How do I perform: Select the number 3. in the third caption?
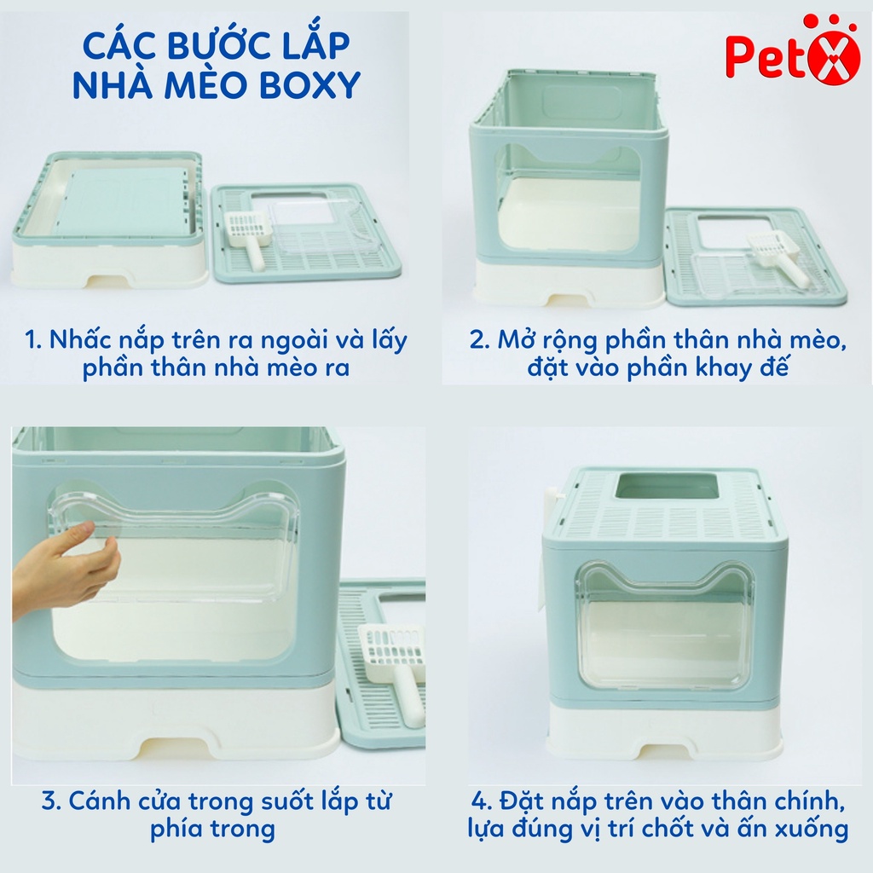pyautogui.click(x=50, y=801)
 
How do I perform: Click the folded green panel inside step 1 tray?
pyautogui.click(x=123, y=201)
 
